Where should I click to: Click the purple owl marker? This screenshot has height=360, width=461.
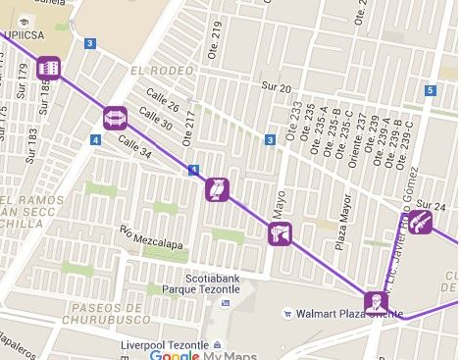point(217,188)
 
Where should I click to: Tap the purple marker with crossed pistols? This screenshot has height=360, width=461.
point(280,234)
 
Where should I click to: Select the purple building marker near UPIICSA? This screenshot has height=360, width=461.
point(48,68)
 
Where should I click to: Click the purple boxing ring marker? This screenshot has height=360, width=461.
point(115,119)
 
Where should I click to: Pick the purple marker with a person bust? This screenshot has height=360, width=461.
point(373,300)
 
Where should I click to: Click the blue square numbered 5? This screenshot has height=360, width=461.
point(430,91)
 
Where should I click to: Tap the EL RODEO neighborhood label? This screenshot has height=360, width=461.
point(156,72)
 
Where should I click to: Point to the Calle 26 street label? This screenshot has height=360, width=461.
point(164,101)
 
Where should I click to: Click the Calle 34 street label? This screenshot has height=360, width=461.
point(134,148)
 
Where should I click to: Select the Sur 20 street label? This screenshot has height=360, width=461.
point(276,88)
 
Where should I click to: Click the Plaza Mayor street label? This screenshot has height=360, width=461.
point(340,227)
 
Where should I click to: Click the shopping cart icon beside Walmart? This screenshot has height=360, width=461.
point(287,314)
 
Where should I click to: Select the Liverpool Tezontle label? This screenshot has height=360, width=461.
point(162,345)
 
